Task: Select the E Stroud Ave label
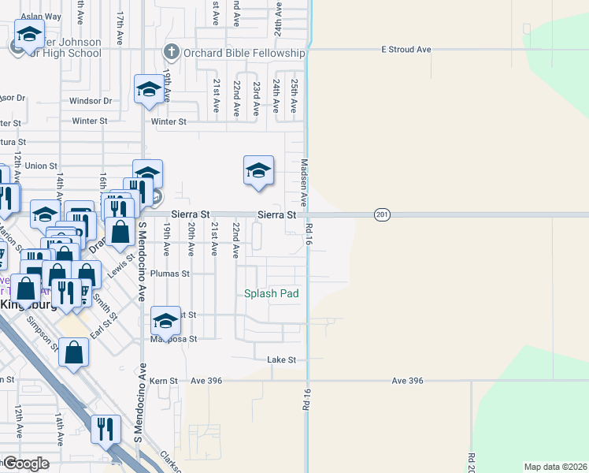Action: tap(406, 50)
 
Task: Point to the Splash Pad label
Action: tap(271, 293)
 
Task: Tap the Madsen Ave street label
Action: tap(304, 183)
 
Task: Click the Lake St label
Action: tap(281, 359)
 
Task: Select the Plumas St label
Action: tap(176, 274)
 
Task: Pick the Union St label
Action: tap(41, 166)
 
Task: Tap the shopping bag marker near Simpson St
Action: tap(73, 354)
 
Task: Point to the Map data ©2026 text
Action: tap(555, 467)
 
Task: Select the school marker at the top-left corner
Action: tap(28, 35)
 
